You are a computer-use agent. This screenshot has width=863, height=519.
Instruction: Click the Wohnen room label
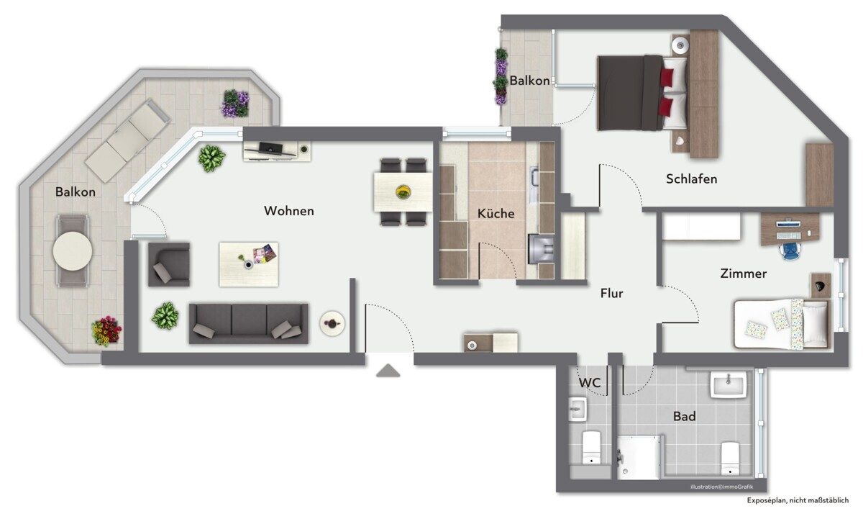(x=289, y=211)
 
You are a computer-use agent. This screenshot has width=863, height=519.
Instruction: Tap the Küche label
(x=496, y=213)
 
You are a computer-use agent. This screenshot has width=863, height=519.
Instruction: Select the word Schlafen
(x=692, y=179)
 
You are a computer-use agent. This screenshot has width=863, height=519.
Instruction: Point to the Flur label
(x=612, y=294)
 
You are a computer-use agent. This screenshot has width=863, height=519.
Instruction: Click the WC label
(x=590, y=382)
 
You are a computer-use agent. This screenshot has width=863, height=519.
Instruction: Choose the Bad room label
(x=685, y=417)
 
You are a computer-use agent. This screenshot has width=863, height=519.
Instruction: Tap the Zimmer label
(x=744, y=274)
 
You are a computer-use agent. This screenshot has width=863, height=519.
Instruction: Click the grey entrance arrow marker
(x=388, y=370)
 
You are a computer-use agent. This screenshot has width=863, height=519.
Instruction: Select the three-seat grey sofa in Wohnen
(x=249, y=323)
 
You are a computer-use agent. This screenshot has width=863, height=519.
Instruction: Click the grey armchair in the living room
(x=169, y=264)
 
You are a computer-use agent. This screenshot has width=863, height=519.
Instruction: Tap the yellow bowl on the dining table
(x=403, y=191)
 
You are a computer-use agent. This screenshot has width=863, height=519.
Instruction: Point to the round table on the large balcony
(x=73, y=251)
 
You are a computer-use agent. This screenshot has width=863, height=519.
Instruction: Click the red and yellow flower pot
(x=106, y=330)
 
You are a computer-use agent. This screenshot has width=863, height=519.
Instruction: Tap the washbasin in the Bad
(x=728, y=384)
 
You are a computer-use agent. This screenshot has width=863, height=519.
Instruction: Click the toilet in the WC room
(x=591, y=448)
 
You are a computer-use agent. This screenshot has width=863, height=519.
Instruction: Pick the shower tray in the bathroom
(x=639, y=458)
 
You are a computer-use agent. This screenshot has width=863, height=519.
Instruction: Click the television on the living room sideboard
(x=270, y=148)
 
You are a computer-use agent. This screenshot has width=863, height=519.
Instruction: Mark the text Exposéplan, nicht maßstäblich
(x=798, y=500)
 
